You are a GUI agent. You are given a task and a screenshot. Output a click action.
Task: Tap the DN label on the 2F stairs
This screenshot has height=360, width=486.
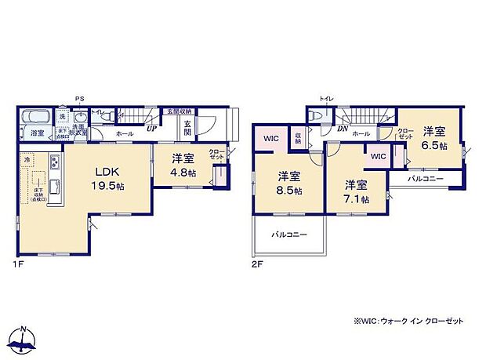343,128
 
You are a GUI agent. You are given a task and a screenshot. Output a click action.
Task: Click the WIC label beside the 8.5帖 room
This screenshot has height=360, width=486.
270,139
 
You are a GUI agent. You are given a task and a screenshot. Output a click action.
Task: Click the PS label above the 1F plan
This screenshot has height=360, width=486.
79,99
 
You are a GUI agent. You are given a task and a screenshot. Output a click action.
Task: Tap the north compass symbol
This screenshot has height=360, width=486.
27,338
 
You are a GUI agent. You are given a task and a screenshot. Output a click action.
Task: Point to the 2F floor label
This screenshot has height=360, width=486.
257,264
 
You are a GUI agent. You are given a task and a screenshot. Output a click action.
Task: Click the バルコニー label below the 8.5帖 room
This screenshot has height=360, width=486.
289,234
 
